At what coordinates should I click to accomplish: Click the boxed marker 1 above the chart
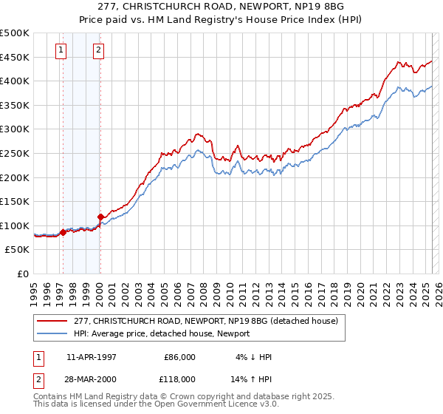coord(60,51)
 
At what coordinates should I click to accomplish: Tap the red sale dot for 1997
coord(63,232)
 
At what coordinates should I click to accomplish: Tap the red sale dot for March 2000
coord(100,217)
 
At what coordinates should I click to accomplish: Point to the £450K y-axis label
coord(15,57)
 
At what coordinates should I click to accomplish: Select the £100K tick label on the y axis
coord(15,225)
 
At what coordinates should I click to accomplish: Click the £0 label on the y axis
coord(24,274)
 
